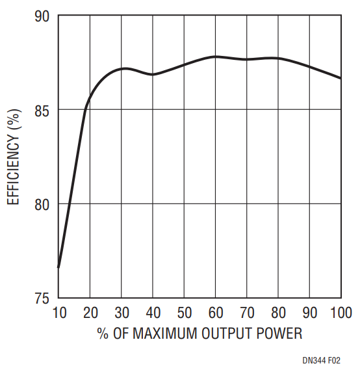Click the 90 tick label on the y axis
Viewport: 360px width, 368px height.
click(42, 16)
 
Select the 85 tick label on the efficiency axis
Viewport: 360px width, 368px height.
click(42, 111)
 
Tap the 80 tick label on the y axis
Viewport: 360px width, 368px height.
click(42, 205)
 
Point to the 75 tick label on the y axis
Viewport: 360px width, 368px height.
click(42, 298)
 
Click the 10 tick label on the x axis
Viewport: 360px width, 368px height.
click(60, 313)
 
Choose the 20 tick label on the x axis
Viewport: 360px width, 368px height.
click(90, 313)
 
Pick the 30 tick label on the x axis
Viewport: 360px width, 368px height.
click(122, 313)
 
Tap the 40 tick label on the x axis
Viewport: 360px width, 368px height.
click(153, 313)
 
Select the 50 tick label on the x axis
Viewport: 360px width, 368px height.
click(185, 313)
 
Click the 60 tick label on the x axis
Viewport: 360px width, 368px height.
click(216, 313)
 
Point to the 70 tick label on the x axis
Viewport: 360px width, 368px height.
click(247, 313)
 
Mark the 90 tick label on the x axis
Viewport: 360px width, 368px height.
click(309, 313)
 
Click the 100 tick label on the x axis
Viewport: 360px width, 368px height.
click(341, 313)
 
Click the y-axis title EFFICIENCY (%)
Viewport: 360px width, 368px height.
click(14, 157)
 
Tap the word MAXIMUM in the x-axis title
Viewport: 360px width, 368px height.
click(165, 333)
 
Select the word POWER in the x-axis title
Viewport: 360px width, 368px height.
click(279, 333)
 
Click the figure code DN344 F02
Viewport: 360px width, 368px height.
click(321, 360)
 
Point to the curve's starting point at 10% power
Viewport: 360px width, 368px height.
click(58, 267)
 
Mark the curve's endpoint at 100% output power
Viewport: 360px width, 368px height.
click(341, 78)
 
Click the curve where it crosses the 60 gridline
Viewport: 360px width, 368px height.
click(216, 57)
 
